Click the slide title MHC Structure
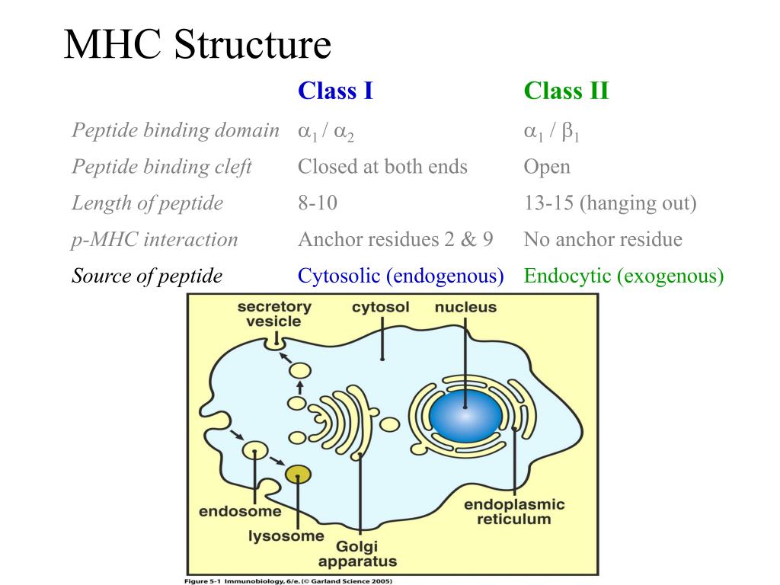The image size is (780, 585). coord(197,44)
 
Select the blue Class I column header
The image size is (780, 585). coord(335,91)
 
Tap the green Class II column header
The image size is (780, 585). coord(566,91)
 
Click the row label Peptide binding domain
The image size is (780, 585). coord(176,130)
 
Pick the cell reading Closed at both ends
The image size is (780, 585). coord(382,167)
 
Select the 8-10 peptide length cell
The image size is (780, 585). coord(318,203)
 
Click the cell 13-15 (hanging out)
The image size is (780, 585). coord(610,203)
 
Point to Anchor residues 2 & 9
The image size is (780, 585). coord(395,239)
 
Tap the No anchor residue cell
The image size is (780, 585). coord(603,239)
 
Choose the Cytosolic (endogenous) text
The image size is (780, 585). coord(401,276)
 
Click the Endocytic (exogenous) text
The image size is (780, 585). coord(624,276)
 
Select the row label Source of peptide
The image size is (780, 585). coord(147,276)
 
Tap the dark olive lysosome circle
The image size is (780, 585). coord(298,475)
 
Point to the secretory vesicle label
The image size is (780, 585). coord(274,314)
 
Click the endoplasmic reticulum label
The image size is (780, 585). coord(514,512)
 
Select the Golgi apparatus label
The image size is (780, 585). coord(357,554)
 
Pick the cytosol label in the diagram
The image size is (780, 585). coord(381,308)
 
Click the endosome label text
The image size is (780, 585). coord(240,511)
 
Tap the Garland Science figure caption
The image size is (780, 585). coord(288,581)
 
